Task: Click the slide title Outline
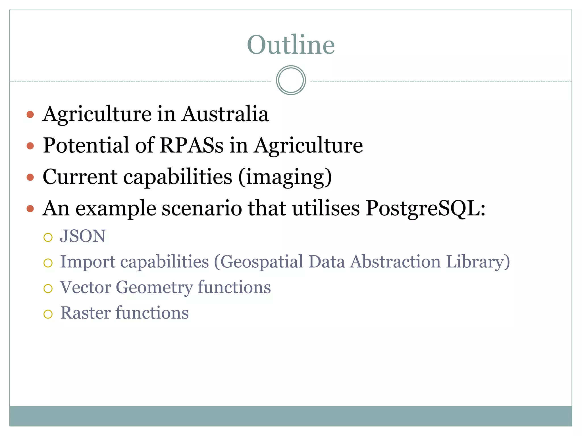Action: coord(291,45)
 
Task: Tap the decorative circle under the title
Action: coord(291,80)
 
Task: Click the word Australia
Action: coord(225,114)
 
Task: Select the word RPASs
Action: coord(192,145)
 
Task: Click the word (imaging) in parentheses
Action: coord(285,177)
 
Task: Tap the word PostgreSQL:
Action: coord(425,208)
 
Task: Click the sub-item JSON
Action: coord(83,236)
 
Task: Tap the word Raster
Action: coord(86,313)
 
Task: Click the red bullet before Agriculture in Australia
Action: coord(30,115)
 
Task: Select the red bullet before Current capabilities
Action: coord(30,178)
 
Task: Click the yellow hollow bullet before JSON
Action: coord(48,237)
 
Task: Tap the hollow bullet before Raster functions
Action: coord(48,314)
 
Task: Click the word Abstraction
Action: coord(395,261)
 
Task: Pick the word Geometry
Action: coord(154,287)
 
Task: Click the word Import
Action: coord(88,261)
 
